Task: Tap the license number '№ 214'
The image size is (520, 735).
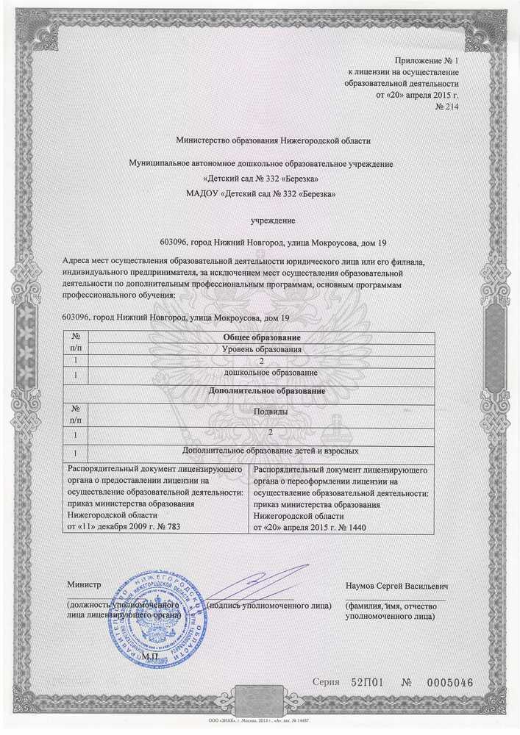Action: (x=447, y=107)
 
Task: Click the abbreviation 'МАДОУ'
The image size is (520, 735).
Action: (x=206, y=194)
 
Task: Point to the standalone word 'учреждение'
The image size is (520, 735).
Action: (x=273, y=220)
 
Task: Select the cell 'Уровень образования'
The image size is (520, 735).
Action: (x=263, y=348)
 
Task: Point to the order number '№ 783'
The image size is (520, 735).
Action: (x=165, y=527)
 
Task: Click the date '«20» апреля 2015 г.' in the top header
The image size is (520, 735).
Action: (x=416, y=95)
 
